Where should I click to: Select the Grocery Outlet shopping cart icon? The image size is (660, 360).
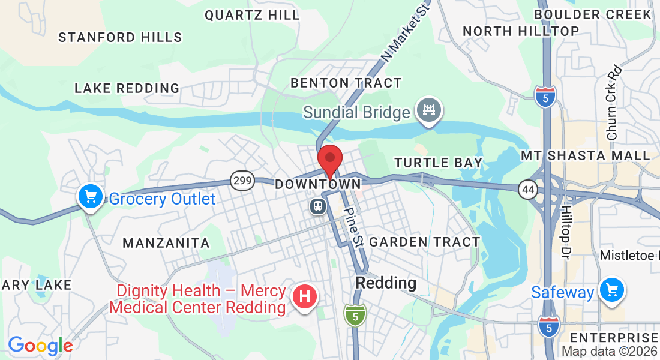point(90,196)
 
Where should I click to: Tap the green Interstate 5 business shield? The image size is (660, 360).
point(355,314)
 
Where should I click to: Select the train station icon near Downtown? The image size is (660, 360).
point(317,207)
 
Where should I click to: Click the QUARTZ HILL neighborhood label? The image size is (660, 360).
point(252,16)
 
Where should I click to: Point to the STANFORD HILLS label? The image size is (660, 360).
point(120,37)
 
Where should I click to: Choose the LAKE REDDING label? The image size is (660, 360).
point(127,88)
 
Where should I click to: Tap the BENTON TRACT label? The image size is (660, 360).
point(346,83)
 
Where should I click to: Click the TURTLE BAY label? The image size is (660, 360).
point(438,163)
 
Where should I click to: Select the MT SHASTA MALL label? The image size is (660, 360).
point(585,156)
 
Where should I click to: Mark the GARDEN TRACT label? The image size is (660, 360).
point(425,242)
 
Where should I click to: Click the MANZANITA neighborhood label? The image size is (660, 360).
point(166,243)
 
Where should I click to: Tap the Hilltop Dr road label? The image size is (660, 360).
point(566,228)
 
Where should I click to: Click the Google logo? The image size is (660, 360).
point(40,346)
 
